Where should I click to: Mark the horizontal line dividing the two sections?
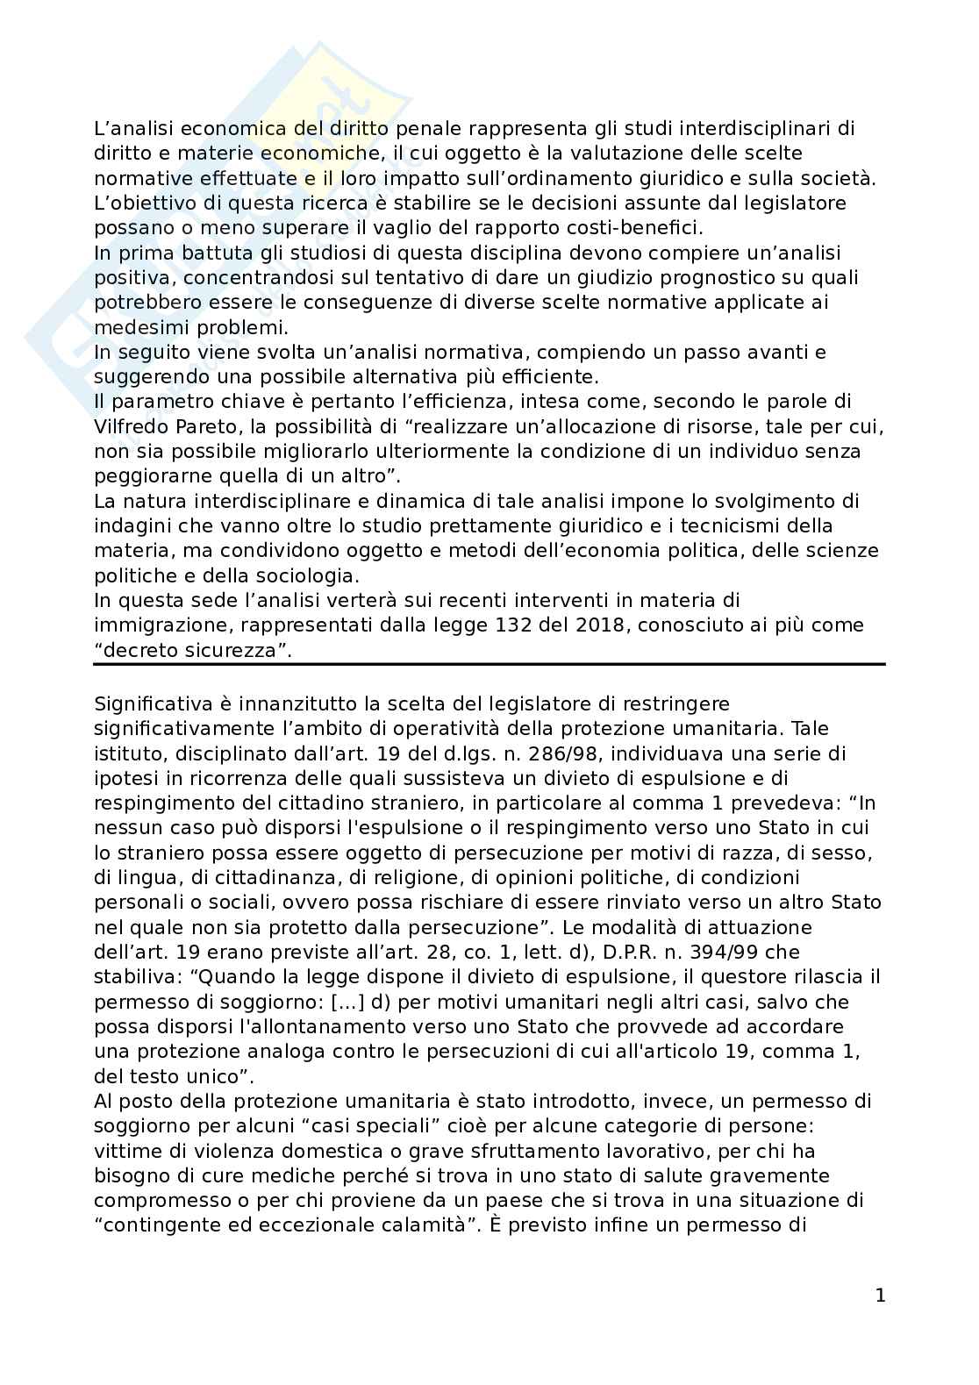[489, 665]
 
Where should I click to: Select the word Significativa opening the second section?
[147, 704]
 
